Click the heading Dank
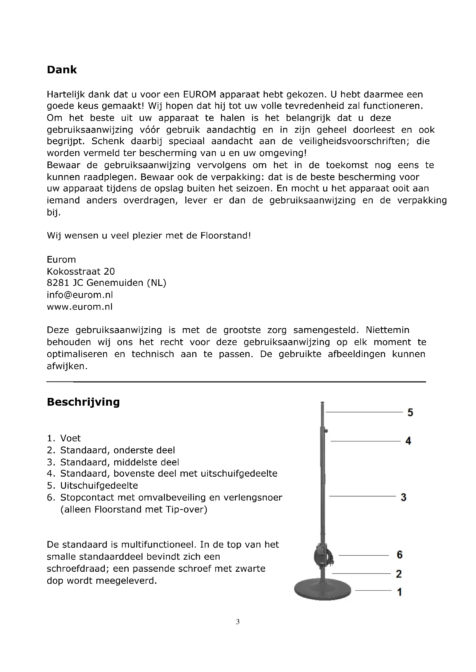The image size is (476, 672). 62,70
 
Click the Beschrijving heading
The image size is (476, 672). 83,402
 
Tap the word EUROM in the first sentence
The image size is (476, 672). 200,94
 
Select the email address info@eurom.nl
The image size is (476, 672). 80,294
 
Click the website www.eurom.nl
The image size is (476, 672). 80,307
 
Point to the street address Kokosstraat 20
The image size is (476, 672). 81,271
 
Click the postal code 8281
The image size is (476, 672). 58,283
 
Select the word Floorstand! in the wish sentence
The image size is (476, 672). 226,236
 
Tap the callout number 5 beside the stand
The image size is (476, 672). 410,412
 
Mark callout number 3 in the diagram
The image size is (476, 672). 403,497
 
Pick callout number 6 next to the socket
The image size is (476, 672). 400,554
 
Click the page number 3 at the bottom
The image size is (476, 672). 238,622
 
